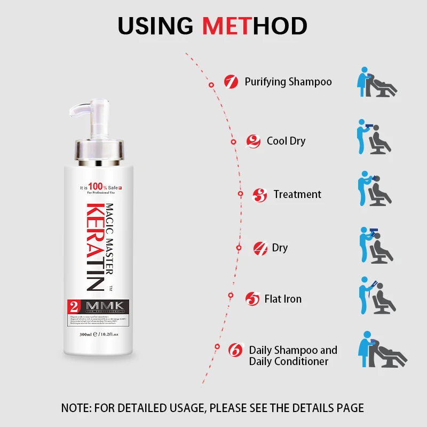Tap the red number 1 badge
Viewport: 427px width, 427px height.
coord(231,82)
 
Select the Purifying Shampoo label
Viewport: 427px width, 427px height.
coord(288,82)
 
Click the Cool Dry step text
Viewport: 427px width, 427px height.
coord(286,141)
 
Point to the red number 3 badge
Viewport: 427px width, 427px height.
coord(260,195)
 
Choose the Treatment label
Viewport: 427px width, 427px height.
coord(297,194)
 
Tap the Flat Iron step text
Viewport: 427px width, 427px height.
coord(283,299)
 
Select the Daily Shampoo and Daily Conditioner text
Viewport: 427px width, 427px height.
coord(293,355)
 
